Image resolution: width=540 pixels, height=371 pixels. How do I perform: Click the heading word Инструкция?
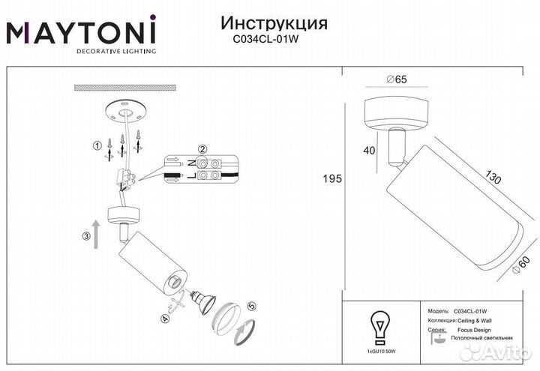click(x=275, y=23)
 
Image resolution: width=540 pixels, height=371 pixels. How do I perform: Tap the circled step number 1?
click(x=96, y=145)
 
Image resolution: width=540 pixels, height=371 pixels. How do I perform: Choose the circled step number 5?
click(x=252, y=307)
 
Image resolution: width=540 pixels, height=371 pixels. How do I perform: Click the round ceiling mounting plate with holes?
click(x=125, y=112)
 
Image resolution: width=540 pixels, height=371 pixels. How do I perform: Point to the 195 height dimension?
click(x=331, y=179)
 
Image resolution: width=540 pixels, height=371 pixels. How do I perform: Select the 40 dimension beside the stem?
click(x=368, y=150)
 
